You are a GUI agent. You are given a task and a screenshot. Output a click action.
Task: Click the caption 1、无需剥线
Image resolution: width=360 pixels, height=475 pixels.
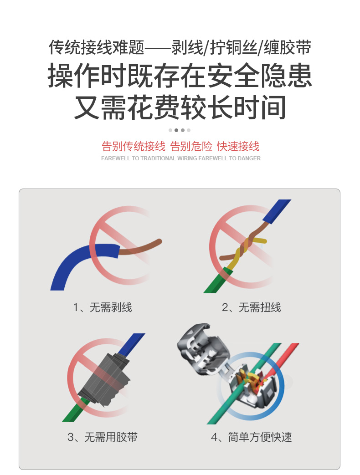tap(103, 307)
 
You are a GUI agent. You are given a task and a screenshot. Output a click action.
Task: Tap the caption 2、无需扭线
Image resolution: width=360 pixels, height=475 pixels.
tap(251, 307)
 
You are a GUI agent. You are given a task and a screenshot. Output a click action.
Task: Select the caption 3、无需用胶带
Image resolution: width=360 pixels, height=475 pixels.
tap(103, 437)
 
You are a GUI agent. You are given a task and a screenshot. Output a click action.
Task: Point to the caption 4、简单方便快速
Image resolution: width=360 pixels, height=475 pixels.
tap(251, 437)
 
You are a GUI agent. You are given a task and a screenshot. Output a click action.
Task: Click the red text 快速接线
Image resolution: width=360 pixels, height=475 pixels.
tap(238, 146)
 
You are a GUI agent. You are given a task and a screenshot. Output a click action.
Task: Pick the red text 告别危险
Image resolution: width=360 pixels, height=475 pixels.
tap(191, 146)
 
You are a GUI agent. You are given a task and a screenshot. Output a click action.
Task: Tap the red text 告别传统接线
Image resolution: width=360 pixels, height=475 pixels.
tap(134, 146)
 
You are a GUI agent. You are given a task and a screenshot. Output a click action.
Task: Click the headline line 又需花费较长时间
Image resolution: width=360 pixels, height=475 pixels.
tap(180, 107)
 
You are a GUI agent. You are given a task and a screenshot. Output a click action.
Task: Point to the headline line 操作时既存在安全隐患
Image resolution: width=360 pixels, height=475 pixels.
tap(180, 76)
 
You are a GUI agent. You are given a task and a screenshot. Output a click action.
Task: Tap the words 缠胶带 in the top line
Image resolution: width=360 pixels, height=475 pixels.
tap(288, 47)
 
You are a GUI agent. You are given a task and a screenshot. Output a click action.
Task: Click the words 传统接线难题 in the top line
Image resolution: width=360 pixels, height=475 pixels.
tap(97, 47)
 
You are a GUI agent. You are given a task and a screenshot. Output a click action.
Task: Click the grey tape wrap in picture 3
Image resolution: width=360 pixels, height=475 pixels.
tap(104, 378)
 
